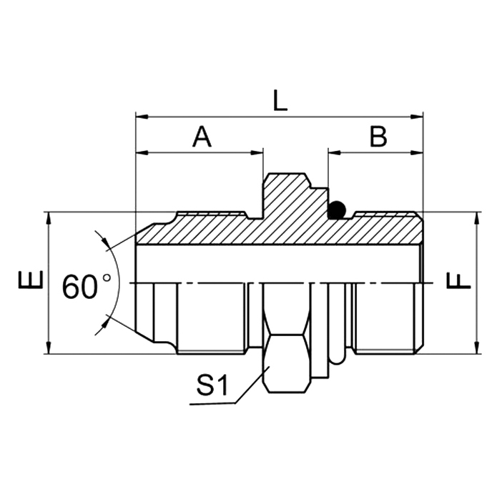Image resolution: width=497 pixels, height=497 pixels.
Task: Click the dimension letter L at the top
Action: (280, 99)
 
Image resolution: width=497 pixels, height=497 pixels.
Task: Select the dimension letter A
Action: (202, 136)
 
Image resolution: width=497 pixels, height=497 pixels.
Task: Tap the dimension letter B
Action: (377, 136)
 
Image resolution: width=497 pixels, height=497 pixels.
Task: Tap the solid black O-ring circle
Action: (336, 210)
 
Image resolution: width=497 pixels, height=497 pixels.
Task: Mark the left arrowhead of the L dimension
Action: (141, 114)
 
